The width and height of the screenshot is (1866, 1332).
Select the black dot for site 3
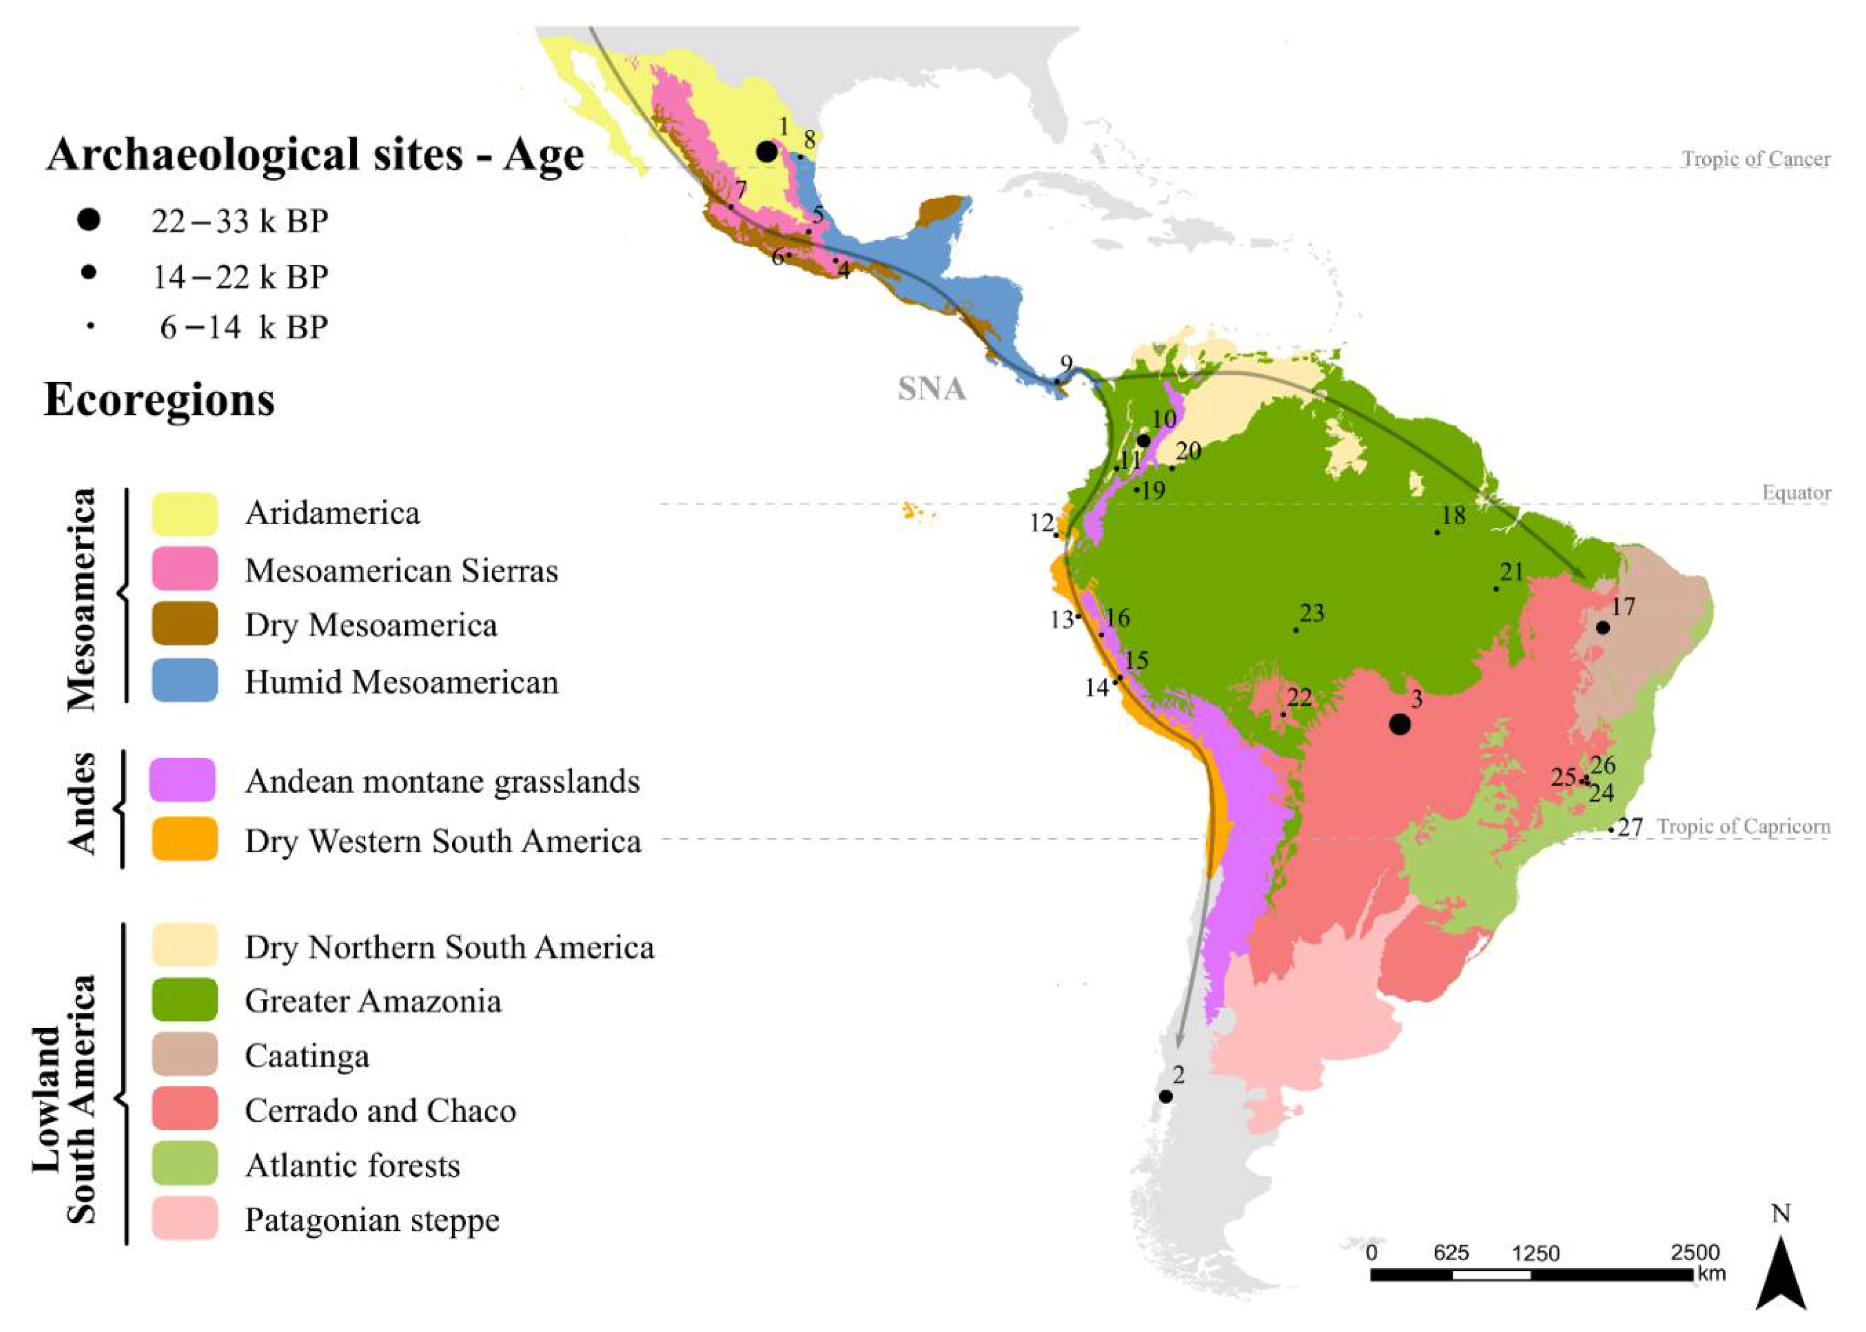(1400, 724)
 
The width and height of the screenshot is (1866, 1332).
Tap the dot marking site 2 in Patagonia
(1165, 1096)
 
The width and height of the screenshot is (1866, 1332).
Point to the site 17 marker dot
(1602, 627)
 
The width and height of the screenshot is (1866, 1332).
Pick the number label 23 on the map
(1312, 613)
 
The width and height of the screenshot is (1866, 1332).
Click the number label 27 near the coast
(1631, 828)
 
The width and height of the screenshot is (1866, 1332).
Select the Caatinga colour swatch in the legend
(184, 1055)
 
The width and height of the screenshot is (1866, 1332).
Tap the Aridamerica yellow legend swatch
(184, 514)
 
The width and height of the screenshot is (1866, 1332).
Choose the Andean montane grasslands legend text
(442, 782)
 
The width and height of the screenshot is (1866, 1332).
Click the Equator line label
(1795, 493)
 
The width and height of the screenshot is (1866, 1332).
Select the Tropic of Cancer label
(1755, 159)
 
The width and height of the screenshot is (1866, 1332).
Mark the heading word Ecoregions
(159, 400)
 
